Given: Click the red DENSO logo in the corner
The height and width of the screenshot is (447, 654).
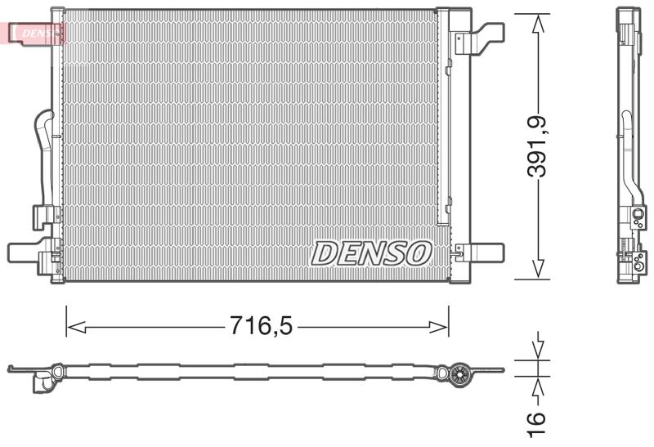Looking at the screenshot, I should coord(33,32).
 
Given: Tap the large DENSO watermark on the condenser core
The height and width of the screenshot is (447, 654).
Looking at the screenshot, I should coord(371,253).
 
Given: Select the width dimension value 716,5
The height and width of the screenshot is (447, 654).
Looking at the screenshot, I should coord(258,327).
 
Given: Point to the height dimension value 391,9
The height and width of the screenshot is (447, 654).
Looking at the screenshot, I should coord(537,147).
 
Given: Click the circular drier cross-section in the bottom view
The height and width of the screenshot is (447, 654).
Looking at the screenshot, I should coord(459,375).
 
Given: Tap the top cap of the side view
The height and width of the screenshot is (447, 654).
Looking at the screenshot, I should coord(628,11).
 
